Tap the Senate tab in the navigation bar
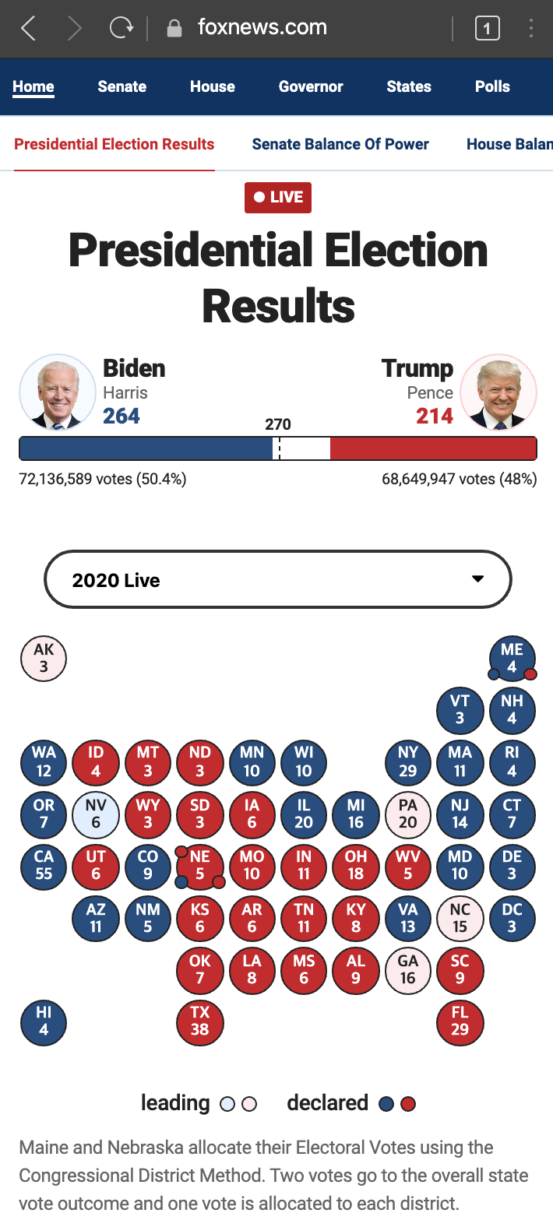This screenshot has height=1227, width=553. click(x=122, y=86)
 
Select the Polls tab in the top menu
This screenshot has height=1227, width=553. click(x=492, y=86)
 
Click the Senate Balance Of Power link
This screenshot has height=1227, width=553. click(x=340, y=144)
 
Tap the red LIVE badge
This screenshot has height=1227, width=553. click(x=278, y=197)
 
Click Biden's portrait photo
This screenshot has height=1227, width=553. click(x=58, y=392)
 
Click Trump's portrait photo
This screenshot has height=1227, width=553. click(x=498, y=392)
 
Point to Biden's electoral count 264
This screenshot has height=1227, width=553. click(x=122, y=417)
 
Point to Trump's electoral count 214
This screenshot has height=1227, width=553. click(x=434, y=417)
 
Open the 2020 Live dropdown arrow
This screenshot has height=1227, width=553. click(x=478, y=579)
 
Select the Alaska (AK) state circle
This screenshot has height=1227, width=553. click(x=44, y=659)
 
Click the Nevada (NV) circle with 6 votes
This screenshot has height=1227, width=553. click(x=95, y=814)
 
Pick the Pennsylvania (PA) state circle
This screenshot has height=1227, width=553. click(x=408, y=814)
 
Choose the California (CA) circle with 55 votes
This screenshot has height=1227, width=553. click(x=44, y=866)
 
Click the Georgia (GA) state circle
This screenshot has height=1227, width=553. click(x=408, y=971)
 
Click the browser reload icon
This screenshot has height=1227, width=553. click(x=122, y=27)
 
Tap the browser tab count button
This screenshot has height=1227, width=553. click(x=488, y=28)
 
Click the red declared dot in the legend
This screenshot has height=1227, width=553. click(x=408, y=1104)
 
